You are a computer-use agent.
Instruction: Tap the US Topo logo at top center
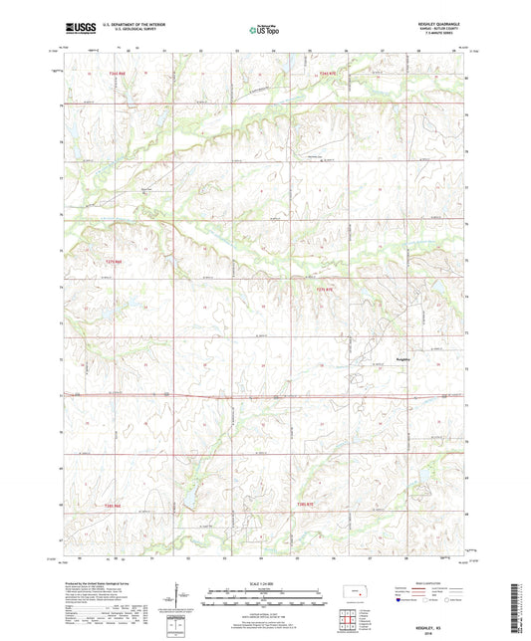point(264,31)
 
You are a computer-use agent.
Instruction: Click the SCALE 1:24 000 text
point(265,582)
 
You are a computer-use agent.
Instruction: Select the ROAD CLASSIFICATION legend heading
point(426,583)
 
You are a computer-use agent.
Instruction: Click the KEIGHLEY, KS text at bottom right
point(441,612)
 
